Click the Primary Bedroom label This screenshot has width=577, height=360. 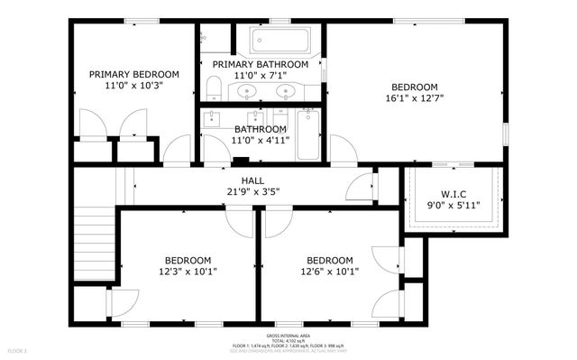click(x=133, y=74)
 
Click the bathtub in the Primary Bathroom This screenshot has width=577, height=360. click(x=279, y=40)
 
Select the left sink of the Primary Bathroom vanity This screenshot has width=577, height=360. click(x=244, y=91)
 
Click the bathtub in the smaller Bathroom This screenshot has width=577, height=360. click(x=308, y=135)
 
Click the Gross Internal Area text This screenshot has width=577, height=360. click(x=288, y=334)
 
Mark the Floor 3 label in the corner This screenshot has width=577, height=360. click(x=18, y=350)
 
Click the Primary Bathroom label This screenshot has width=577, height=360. click(x=260, y=65)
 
